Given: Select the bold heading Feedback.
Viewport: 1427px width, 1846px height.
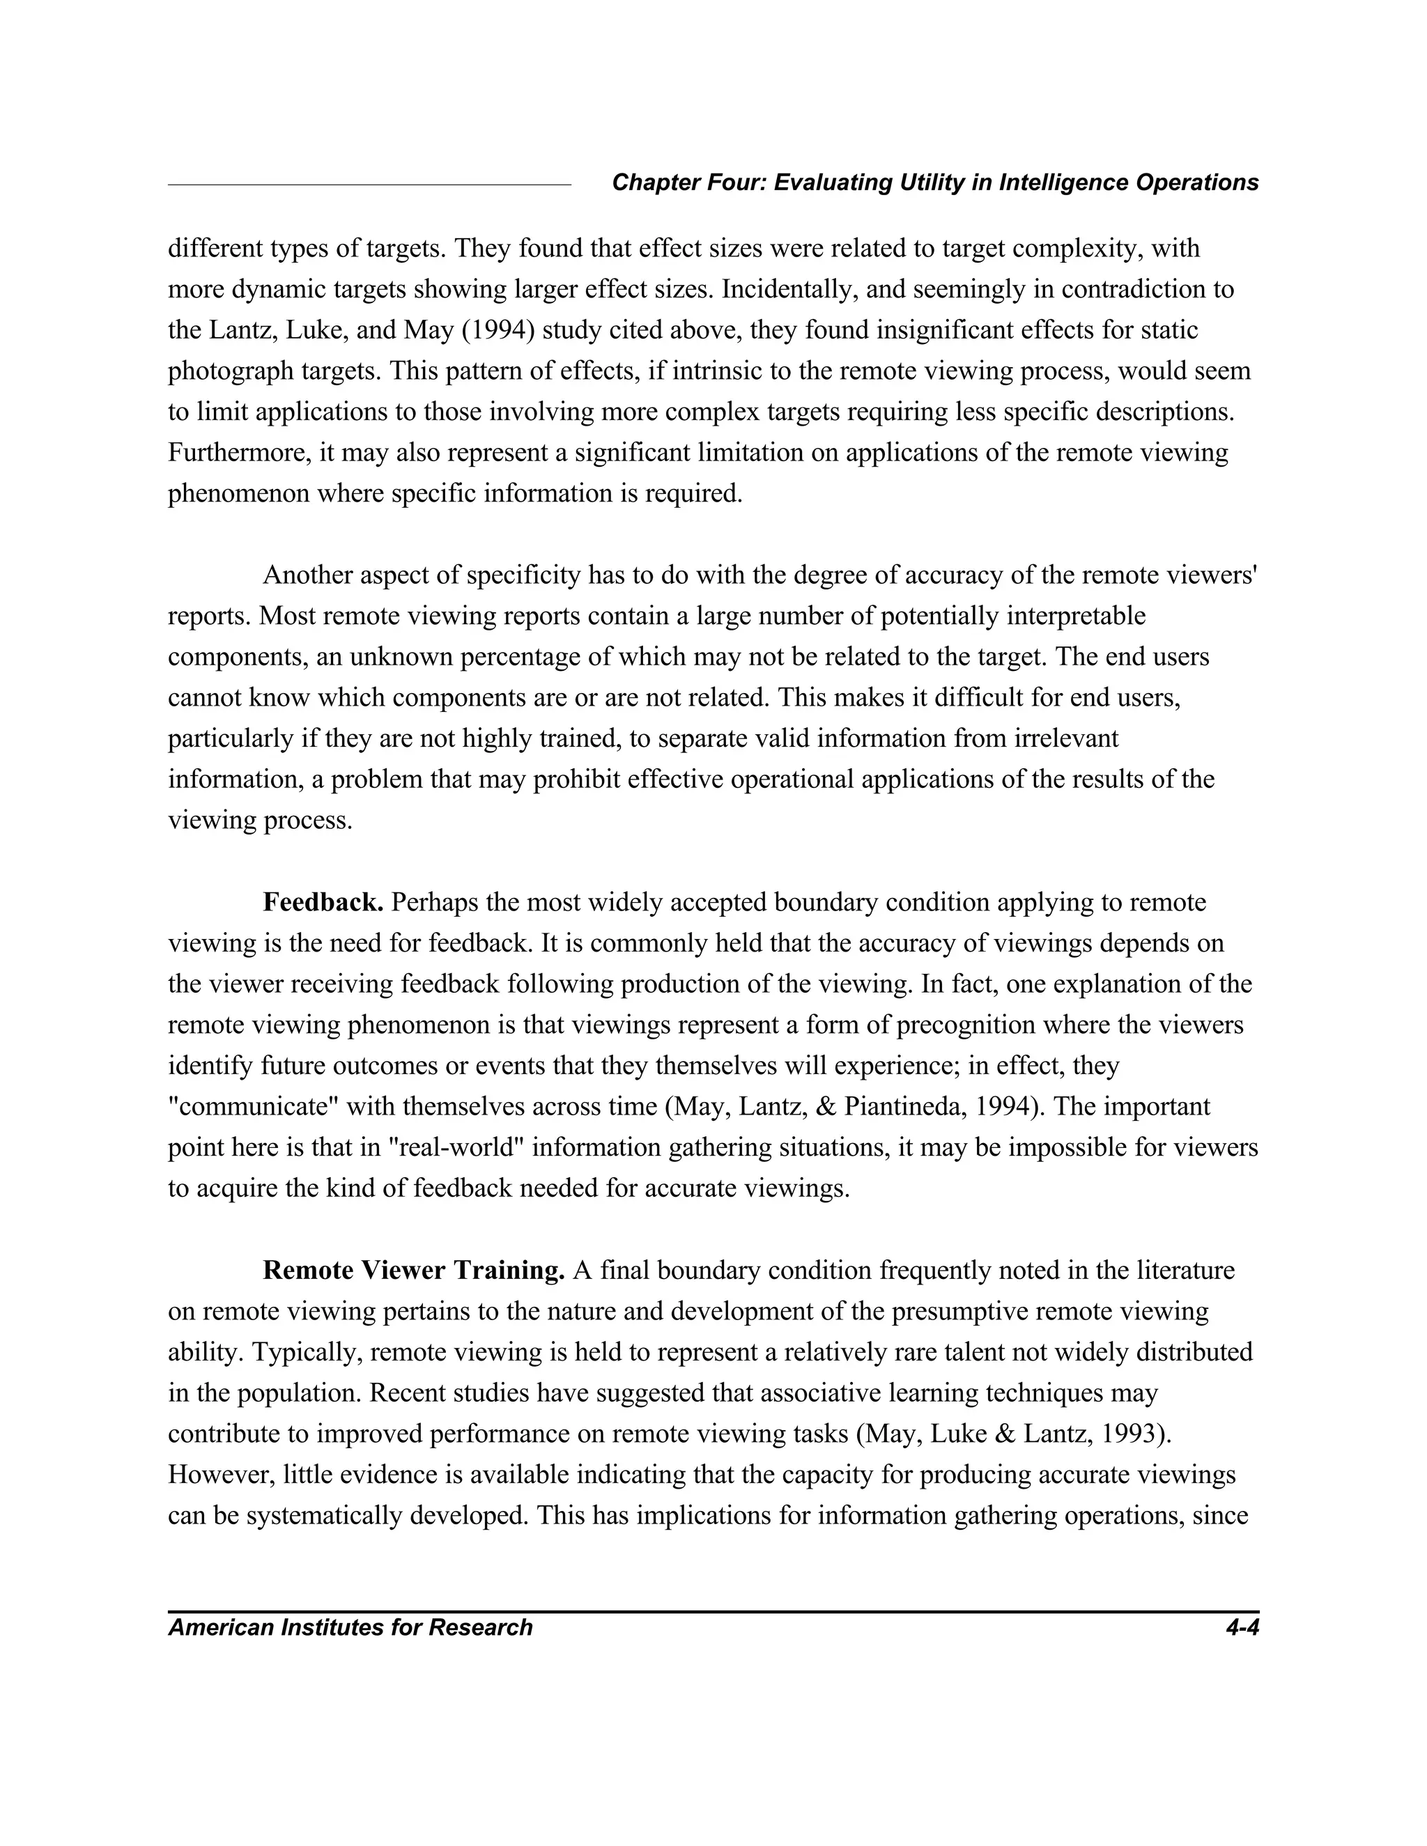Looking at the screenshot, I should pyautogui.click(x=323, y=903).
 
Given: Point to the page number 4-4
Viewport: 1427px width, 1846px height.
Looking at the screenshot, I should pyautogui.click(x=1242, y=1628).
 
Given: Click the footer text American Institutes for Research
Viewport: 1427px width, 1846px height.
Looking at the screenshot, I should pyautogui.click(x=350, y=1628).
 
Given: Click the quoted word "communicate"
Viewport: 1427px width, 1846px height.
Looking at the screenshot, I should pyautogui.click(x=254, y=1108).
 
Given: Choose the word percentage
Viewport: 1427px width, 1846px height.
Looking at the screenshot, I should pyautogui.click(x=537, y=658).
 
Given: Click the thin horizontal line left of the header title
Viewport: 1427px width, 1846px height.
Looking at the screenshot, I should pyautogui.click(x=369, y=183).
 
